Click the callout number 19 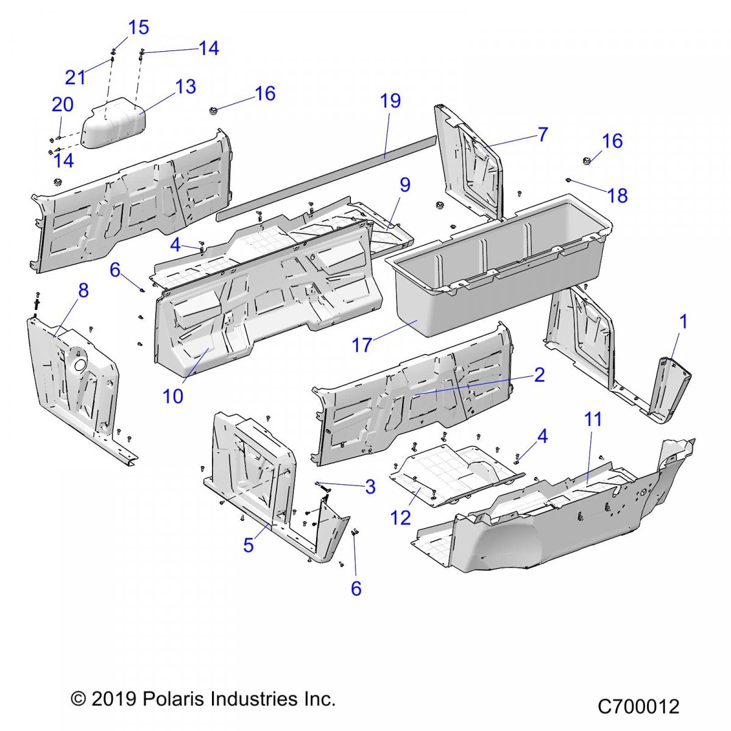[x=390, y=101]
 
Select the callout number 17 [x=361, y=345]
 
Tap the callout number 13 [x=185, y=87]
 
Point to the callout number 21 [x=76, y=77]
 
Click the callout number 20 [x=62, y=105]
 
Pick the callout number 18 [x=617, y=196]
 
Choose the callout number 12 [x=401, y=518]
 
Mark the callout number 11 [x=593, y=419]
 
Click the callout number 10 [x=173, y=396]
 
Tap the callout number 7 [x=543, y=134]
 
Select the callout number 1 [x=683, y=322]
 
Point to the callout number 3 [x=370, y=487]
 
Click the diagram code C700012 [x=638, y=707]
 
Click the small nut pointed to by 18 [x=568, y=180]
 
